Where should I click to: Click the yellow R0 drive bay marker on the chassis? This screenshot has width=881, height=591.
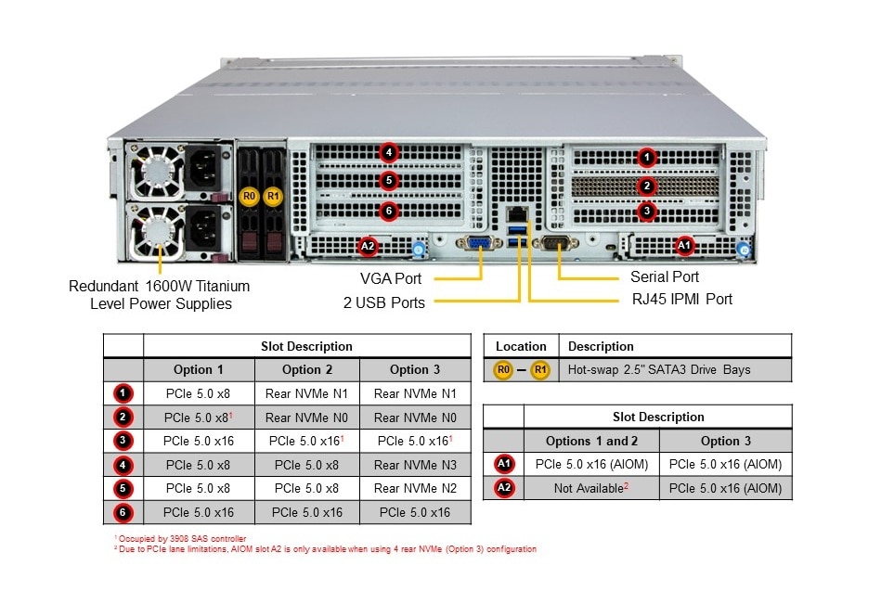(248, 196)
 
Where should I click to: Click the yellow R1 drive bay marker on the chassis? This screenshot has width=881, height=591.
(272, 196)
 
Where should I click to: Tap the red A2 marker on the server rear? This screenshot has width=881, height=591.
(368, 246)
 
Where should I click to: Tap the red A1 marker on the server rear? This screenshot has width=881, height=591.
(684, 245)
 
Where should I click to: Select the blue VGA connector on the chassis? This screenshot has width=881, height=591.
(479, 245)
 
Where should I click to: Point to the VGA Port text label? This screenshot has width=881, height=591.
(391, 278)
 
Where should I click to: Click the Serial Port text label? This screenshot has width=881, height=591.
(665, 276)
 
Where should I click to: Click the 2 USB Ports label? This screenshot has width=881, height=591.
(383, 302)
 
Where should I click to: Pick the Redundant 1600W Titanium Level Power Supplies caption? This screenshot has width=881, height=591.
(159, 294)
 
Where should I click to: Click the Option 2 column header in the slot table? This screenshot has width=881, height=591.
(306, 369)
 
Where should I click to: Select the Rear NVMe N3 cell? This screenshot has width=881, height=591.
(414, 465)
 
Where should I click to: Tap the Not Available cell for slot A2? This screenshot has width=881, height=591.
(591, 488)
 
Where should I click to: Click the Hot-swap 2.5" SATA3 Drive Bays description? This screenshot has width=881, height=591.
(659, 369)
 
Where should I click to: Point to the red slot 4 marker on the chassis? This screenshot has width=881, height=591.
(389, 153)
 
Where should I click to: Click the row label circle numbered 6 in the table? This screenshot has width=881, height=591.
(124, 512)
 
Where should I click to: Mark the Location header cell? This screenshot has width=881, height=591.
(521, 346)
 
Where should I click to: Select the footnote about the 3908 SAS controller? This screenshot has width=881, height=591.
(180, 538)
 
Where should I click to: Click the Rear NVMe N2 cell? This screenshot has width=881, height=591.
(414, 488)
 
